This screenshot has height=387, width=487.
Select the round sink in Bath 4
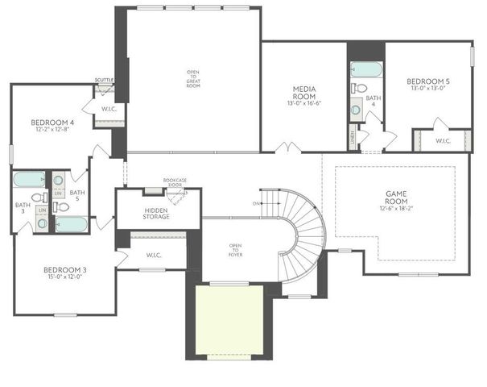356,109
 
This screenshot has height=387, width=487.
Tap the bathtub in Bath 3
29,179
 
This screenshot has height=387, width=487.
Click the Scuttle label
104,79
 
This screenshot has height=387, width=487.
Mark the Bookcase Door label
175,182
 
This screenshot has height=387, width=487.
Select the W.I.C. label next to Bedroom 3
155,256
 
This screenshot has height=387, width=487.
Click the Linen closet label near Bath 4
353,138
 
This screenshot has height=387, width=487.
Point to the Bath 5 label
77,196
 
